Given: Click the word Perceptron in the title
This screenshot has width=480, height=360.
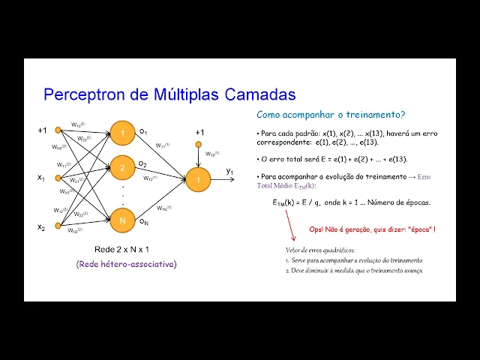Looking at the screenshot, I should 79,94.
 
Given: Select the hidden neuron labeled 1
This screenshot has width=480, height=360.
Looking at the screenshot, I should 124,133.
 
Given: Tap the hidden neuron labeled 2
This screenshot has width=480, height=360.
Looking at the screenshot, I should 124,167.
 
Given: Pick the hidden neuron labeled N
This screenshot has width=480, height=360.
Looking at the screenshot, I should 124,220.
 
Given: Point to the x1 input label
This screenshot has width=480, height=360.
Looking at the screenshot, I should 42,178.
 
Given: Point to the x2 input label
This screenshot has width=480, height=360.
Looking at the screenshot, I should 42,226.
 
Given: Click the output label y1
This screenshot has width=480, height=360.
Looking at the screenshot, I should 230,172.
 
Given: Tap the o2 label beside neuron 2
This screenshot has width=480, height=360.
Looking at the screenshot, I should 142,163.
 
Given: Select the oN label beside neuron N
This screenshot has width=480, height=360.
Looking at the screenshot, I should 143,221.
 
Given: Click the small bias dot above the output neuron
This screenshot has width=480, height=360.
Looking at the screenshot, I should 199,143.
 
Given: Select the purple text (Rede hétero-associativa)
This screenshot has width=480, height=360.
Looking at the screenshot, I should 127,263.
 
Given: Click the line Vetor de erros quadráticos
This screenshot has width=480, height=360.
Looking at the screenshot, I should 320,250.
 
